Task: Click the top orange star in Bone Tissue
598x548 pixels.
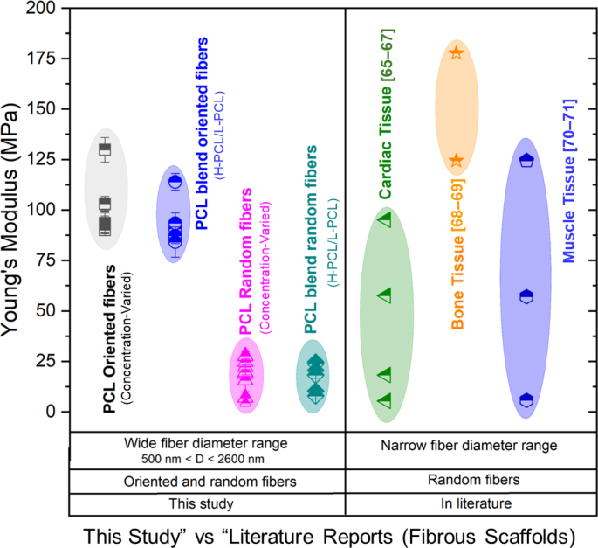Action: [457, 52]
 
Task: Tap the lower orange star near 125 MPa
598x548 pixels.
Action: [457, 161]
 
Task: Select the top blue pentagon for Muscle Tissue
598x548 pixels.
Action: [526, 160]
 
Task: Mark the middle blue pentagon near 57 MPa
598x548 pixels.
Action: [526, 297]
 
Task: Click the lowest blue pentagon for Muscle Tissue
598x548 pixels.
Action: [526, 399]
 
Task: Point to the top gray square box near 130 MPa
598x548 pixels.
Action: [105, 149]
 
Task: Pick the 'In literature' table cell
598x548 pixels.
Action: [469, 504]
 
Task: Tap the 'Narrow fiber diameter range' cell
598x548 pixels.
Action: [469, 445]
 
